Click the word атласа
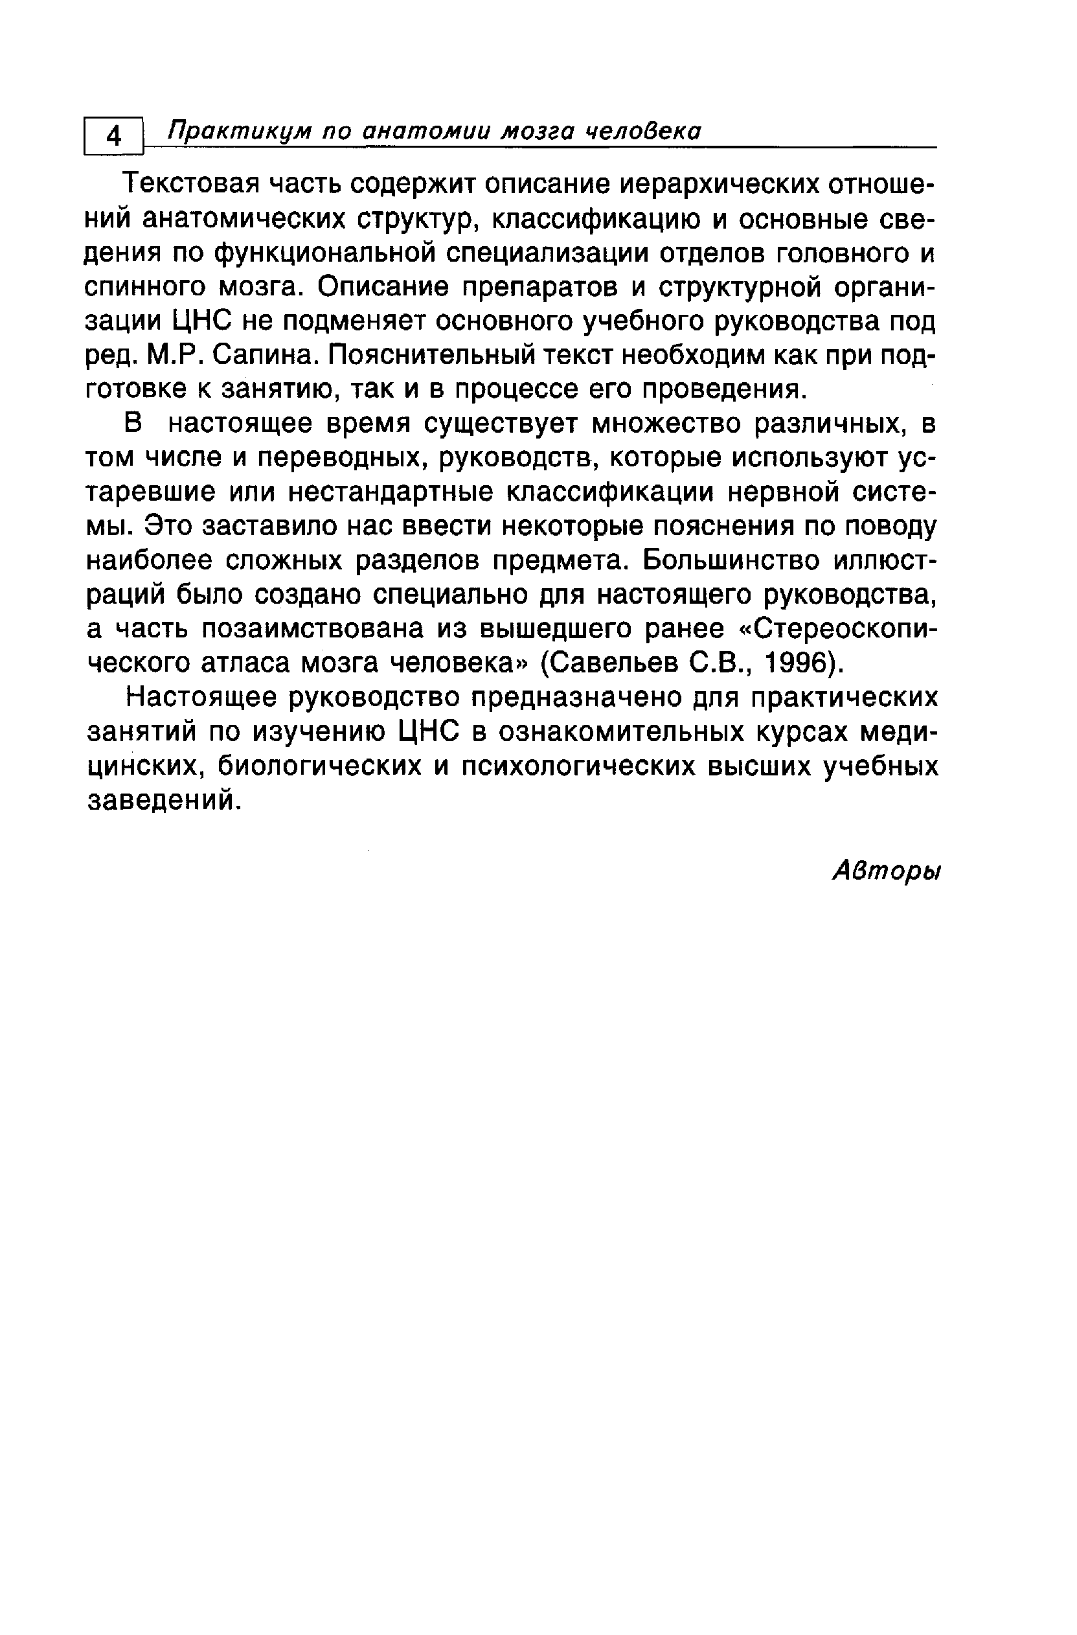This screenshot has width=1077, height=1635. point(247,663)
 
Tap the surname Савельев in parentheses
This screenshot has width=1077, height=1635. point(615,663)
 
